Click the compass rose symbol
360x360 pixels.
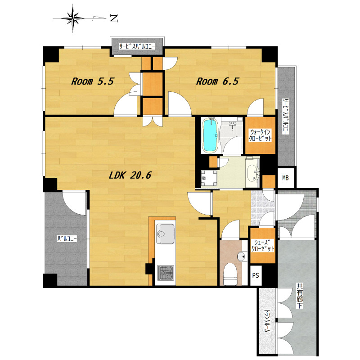tap(73, 18)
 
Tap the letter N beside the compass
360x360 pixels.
tap(114, 18)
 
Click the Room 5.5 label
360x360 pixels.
tap(92, 81)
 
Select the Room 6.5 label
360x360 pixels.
tap(217, 81)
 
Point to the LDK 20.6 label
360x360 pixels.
tap(130, 175)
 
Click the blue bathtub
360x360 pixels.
tap(209, 135)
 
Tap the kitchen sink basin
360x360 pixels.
tap(165, 234)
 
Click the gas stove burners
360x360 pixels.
tap(166, 273)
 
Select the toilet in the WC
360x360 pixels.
tap(230, 274)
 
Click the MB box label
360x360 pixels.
tap(285, 178)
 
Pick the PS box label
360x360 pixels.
tap(256, 275)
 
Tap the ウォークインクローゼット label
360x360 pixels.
tap(261, 135)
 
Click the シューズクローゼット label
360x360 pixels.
tap(263, 245)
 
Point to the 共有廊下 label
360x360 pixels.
tap(300, 297)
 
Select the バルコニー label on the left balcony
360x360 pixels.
tap(67, 239)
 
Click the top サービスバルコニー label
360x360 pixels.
tap(137, 46)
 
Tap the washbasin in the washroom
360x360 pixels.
tap(253, 172)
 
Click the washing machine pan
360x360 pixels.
tap(209, 178)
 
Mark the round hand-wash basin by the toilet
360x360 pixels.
tap(241, 256)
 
